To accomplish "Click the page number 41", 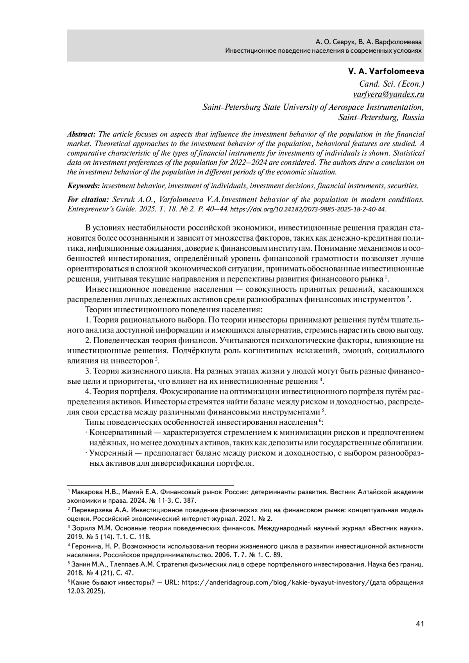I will (x=420, y=624).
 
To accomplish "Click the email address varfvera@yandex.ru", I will (x=388, y=94).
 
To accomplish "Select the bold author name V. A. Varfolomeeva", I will (x=386, y=72).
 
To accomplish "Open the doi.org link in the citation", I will (x=308, y=209).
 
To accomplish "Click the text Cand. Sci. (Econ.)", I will (x=392, y=84).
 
